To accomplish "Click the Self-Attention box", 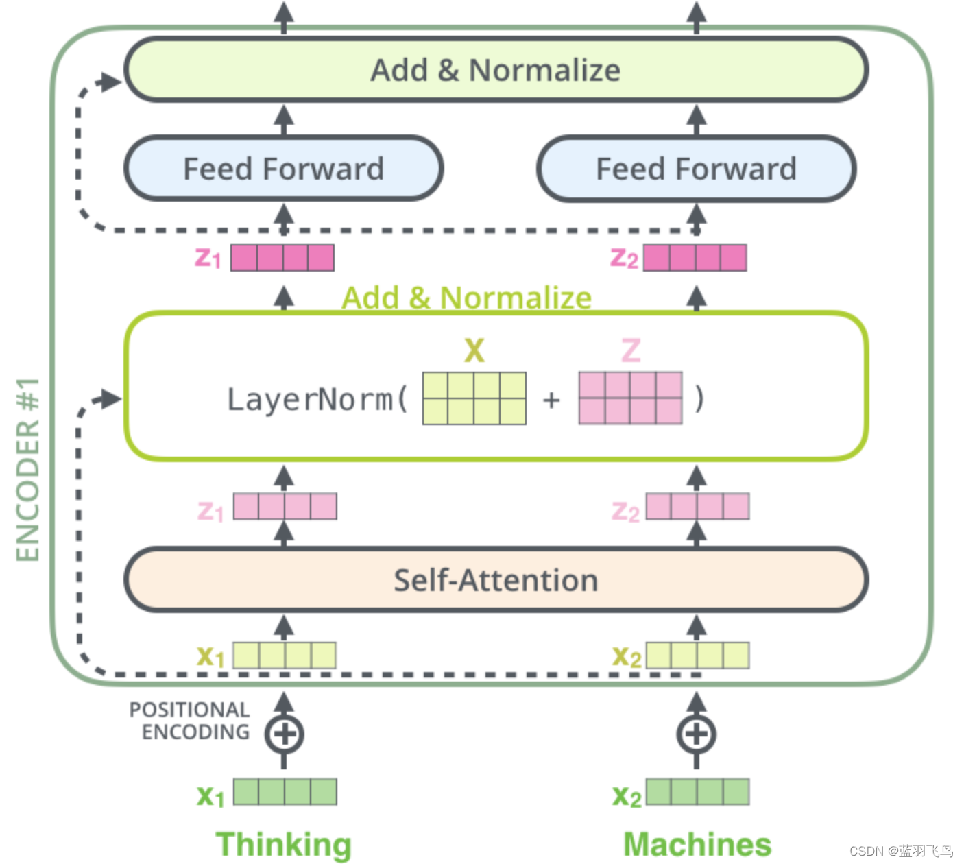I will pyautogui.click(x=496, y=580).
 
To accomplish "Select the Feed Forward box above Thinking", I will pyautogui.click(x=283, y=169).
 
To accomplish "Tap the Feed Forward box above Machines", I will pyautogui.click(x=696, y=169).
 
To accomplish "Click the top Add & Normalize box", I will pyautogui.click(x=496, y=70).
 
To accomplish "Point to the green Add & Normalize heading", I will pyautogui.click(x=466, y=298).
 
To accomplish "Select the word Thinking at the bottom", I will pyautogui.click(x=283, y=844).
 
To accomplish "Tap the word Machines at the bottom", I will pyautogui.click(x=697, y=844).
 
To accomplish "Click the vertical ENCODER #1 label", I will pyautogui.click(x=28, y=470).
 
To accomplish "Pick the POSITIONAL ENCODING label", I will pyautogui.click(x=190, y=721).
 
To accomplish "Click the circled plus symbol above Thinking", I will pyautogui.click(x=284, y=734).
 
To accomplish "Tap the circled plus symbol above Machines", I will pyautogui.click(x=697, y=734).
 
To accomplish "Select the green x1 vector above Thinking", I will pyautogui.click(x=285, y=792).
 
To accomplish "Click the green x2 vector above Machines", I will pyautogui.click(x=698, y=792).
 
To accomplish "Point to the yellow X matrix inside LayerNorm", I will pyautogui.click(x=474, y=398).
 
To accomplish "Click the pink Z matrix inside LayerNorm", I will pyautogui.click(x=630, y=398).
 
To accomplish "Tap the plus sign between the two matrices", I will pyautogui.click(x=551, y=399).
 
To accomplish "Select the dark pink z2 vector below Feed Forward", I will pyautogui.click(x=695, y=258).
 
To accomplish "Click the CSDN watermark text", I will pyautogui.click(x=901, y=851).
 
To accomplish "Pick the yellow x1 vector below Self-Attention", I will pyautogui.click(x=285, y=656).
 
